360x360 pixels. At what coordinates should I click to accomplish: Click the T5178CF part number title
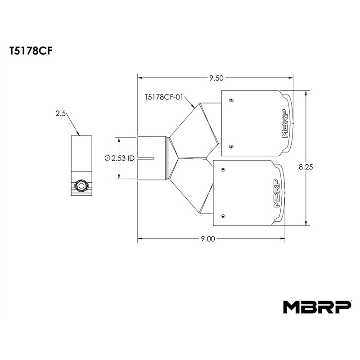coord(31,51)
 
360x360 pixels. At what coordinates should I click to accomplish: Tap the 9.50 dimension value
coord(216,78)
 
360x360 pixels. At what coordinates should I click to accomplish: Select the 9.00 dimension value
coord(208,239)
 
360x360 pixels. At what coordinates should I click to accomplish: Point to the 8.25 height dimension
coord(306,167)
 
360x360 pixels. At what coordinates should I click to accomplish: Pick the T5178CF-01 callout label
coord(164,97)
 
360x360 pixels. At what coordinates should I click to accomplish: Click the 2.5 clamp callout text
coord(61,113)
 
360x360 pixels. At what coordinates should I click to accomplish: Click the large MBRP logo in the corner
coord(317,307)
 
